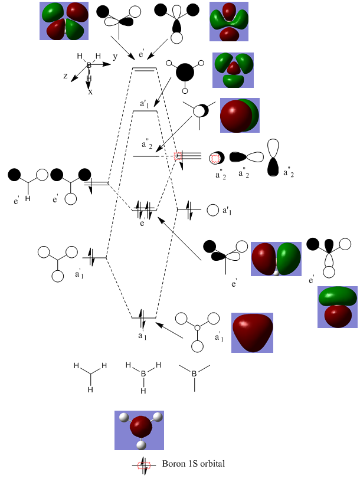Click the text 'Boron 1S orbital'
click(x=193, y=464)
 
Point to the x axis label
click(x=90, y=92)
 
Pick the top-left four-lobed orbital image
click(x=63, y=21)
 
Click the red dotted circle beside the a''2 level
click(x=180, y=156)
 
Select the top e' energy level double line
click(x=145, y=69)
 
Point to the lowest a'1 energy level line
click(x=144, y=318)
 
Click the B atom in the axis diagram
click(x=90, y=65)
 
